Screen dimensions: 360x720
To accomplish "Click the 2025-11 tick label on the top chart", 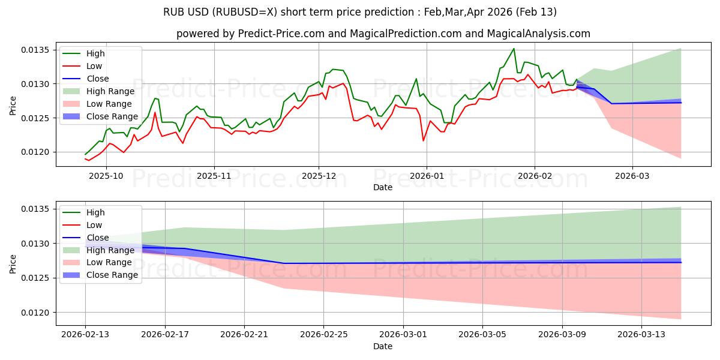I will click(x=214, y=176).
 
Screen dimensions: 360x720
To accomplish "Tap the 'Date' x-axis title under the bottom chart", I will click(x=383, y=346).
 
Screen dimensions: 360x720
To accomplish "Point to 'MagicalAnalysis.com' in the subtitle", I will click(x=540, y=34).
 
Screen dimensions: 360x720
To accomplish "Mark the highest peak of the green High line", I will click(x=514, y=49).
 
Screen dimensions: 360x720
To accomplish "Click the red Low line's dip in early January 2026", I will click(x=424, y=140).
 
